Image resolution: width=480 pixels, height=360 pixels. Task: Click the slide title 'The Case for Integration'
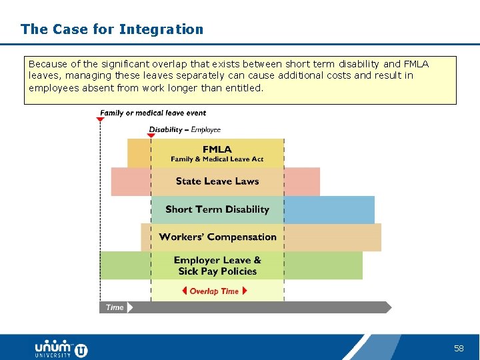click(112, 29)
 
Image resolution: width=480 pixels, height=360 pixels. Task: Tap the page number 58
click(459, 348)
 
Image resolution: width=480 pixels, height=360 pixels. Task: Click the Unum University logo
click(61, 348)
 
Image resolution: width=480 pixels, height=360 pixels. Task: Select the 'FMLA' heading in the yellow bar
click(217, 149)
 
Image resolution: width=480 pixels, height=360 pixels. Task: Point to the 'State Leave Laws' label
click(217, 181)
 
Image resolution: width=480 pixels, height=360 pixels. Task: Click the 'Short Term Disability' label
click(217, 209)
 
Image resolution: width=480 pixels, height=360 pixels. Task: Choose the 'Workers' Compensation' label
click(217, 237)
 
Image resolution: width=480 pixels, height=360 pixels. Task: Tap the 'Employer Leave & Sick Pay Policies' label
click(217, 265)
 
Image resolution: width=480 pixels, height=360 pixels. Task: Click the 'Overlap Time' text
click(214, 291)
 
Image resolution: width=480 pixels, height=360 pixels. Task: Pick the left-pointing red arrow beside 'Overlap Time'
click(185, 291)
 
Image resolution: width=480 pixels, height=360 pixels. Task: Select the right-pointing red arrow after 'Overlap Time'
click(245, 291)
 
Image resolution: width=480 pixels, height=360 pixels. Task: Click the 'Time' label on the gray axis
click(115, 307)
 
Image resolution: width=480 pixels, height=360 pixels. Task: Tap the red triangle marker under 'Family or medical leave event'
click(100, 119)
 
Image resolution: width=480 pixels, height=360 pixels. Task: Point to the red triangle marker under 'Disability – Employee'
click(151, 136)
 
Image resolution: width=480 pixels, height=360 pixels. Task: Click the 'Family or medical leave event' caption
click(153, 113)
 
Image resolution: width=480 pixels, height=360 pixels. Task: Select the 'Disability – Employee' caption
click(185, 129)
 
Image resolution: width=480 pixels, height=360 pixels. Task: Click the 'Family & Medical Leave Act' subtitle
click(217, 159)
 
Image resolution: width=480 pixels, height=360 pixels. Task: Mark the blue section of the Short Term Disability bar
click(329, 209)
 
